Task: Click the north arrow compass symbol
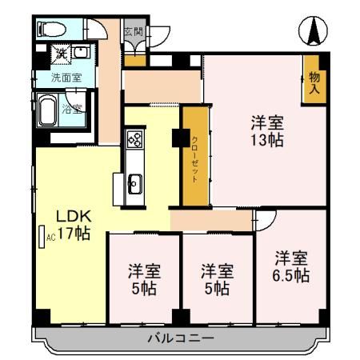(x=314, y=33)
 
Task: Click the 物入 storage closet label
(x=314, y=82)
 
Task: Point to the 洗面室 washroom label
(x=66, y=78)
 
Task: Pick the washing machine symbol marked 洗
(x=60, y=54)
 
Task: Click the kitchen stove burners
(x=134, y=142)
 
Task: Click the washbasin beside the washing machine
(x=82, y=54)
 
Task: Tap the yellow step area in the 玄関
(x=134, y=58)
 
